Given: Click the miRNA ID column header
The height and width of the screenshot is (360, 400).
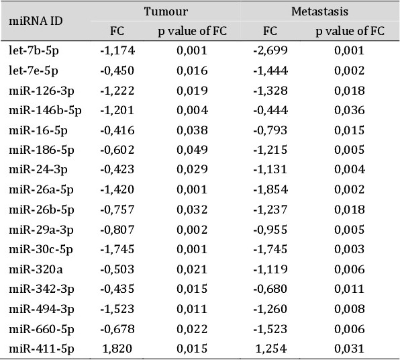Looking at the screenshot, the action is click(x=36, y=21).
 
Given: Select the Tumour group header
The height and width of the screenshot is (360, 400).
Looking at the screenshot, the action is click(x=166, y=11).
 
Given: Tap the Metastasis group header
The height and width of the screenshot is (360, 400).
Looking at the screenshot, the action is click(x=319, y=11).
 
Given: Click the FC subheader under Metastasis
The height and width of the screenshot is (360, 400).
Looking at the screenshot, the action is click(x=270, y=31).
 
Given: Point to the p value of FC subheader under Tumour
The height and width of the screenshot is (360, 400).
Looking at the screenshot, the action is click(x=193, y=31).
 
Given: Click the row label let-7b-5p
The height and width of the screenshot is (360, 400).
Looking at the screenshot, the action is click(x=34, y=51).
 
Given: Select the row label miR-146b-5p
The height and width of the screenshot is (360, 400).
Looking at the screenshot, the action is click(x=45, y=111).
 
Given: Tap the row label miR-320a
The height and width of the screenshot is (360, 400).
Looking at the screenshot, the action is click(x=36, y=269).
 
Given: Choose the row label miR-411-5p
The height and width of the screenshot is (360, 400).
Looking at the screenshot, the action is click(x=42, y=349).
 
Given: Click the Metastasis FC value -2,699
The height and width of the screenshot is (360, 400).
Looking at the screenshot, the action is click(x=270, y=50).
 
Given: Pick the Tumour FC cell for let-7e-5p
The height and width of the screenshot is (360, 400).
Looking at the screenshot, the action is click(x=117, y=71).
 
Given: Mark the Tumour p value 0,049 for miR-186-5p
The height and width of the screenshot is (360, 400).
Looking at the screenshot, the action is click(x=192, y=150).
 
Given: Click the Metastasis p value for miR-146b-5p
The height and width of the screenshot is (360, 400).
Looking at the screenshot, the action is click(x=350, y=110).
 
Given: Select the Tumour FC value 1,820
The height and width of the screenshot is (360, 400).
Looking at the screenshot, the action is click(x=117, y=349).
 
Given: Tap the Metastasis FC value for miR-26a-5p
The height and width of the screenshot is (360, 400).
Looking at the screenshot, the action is click(x=270, y=189).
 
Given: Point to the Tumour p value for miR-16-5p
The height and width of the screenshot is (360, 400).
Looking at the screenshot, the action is click(x=192, y=130).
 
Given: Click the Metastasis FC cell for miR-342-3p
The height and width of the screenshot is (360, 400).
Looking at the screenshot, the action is click(x=270, y=289).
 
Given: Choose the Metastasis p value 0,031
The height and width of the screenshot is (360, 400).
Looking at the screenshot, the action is click(x=350, y=349).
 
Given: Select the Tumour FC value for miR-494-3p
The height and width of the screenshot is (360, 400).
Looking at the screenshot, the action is click(x=117, y=309).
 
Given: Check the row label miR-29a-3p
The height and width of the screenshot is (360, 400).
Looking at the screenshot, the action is click(x=42, y=230).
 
